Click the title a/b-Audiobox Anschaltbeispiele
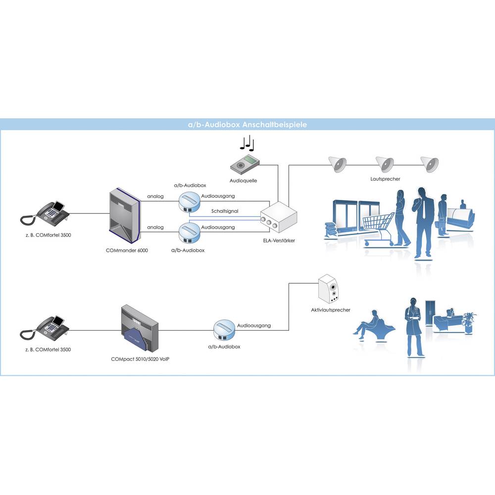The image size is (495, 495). tap(244, 125)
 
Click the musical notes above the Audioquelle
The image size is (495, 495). tap(247, 143)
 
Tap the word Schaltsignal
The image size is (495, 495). tap(225, 211)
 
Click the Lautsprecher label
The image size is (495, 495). tap(385, 179)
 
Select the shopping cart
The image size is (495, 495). tap(379, 227)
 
